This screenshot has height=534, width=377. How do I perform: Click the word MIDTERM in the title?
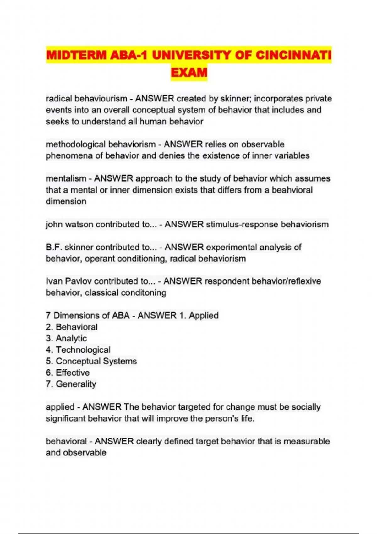(x=76, y=55)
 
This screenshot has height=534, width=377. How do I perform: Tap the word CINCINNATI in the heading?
(x=293, y=55)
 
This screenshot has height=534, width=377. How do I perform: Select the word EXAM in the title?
(x=189, y=73)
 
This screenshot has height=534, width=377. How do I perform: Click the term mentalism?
(x=66, y=178)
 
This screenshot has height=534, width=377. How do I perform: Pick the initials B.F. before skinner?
(x=54, y=247)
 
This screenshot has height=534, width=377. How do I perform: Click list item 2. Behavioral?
(x=72, y=327)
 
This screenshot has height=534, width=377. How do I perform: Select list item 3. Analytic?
(x=66, y=338)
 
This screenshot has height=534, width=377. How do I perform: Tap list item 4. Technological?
(x=78, y=350)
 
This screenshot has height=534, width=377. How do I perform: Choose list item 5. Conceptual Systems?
(x=91, y=361)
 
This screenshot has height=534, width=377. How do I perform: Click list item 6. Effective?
(x=68, y=373)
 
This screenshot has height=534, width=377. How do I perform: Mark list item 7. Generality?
(x=71, y=384)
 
